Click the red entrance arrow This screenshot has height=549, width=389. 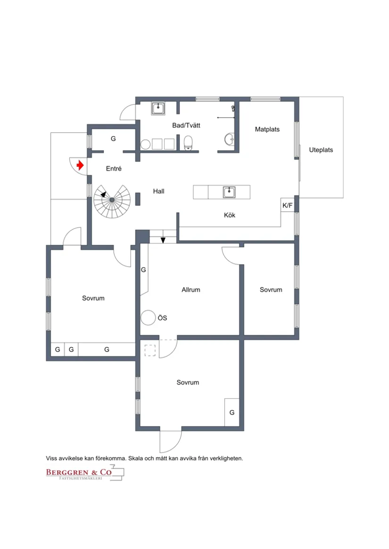pos(80,165)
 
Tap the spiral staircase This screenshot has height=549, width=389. pos(112,200)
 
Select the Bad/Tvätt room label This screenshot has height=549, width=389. pos(186,125)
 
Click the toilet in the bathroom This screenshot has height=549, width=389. pos(188,143)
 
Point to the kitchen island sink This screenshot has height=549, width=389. pos(229,192)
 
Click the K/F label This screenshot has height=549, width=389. pos(287,206)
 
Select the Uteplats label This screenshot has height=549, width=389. pos(321,150)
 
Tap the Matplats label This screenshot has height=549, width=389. pos(267,129)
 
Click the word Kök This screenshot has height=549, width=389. pos(230,215)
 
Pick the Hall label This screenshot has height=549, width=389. pos(158,191)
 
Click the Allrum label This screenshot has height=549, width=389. pos(191,290)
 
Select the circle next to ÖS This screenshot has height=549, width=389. pos(148,317)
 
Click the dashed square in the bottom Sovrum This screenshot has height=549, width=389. pos(150,350)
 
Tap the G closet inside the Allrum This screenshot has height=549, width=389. pos(143,270)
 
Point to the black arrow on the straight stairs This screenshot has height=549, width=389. pos(163,240)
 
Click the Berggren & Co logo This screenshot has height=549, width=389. pos(85,473)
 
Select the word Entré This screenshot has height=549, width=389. pos(114,169)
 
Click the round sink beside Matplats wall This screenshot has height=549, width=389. pos(230,139)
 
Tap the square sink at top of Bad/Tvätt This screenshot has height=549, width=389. pos(158,109)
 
